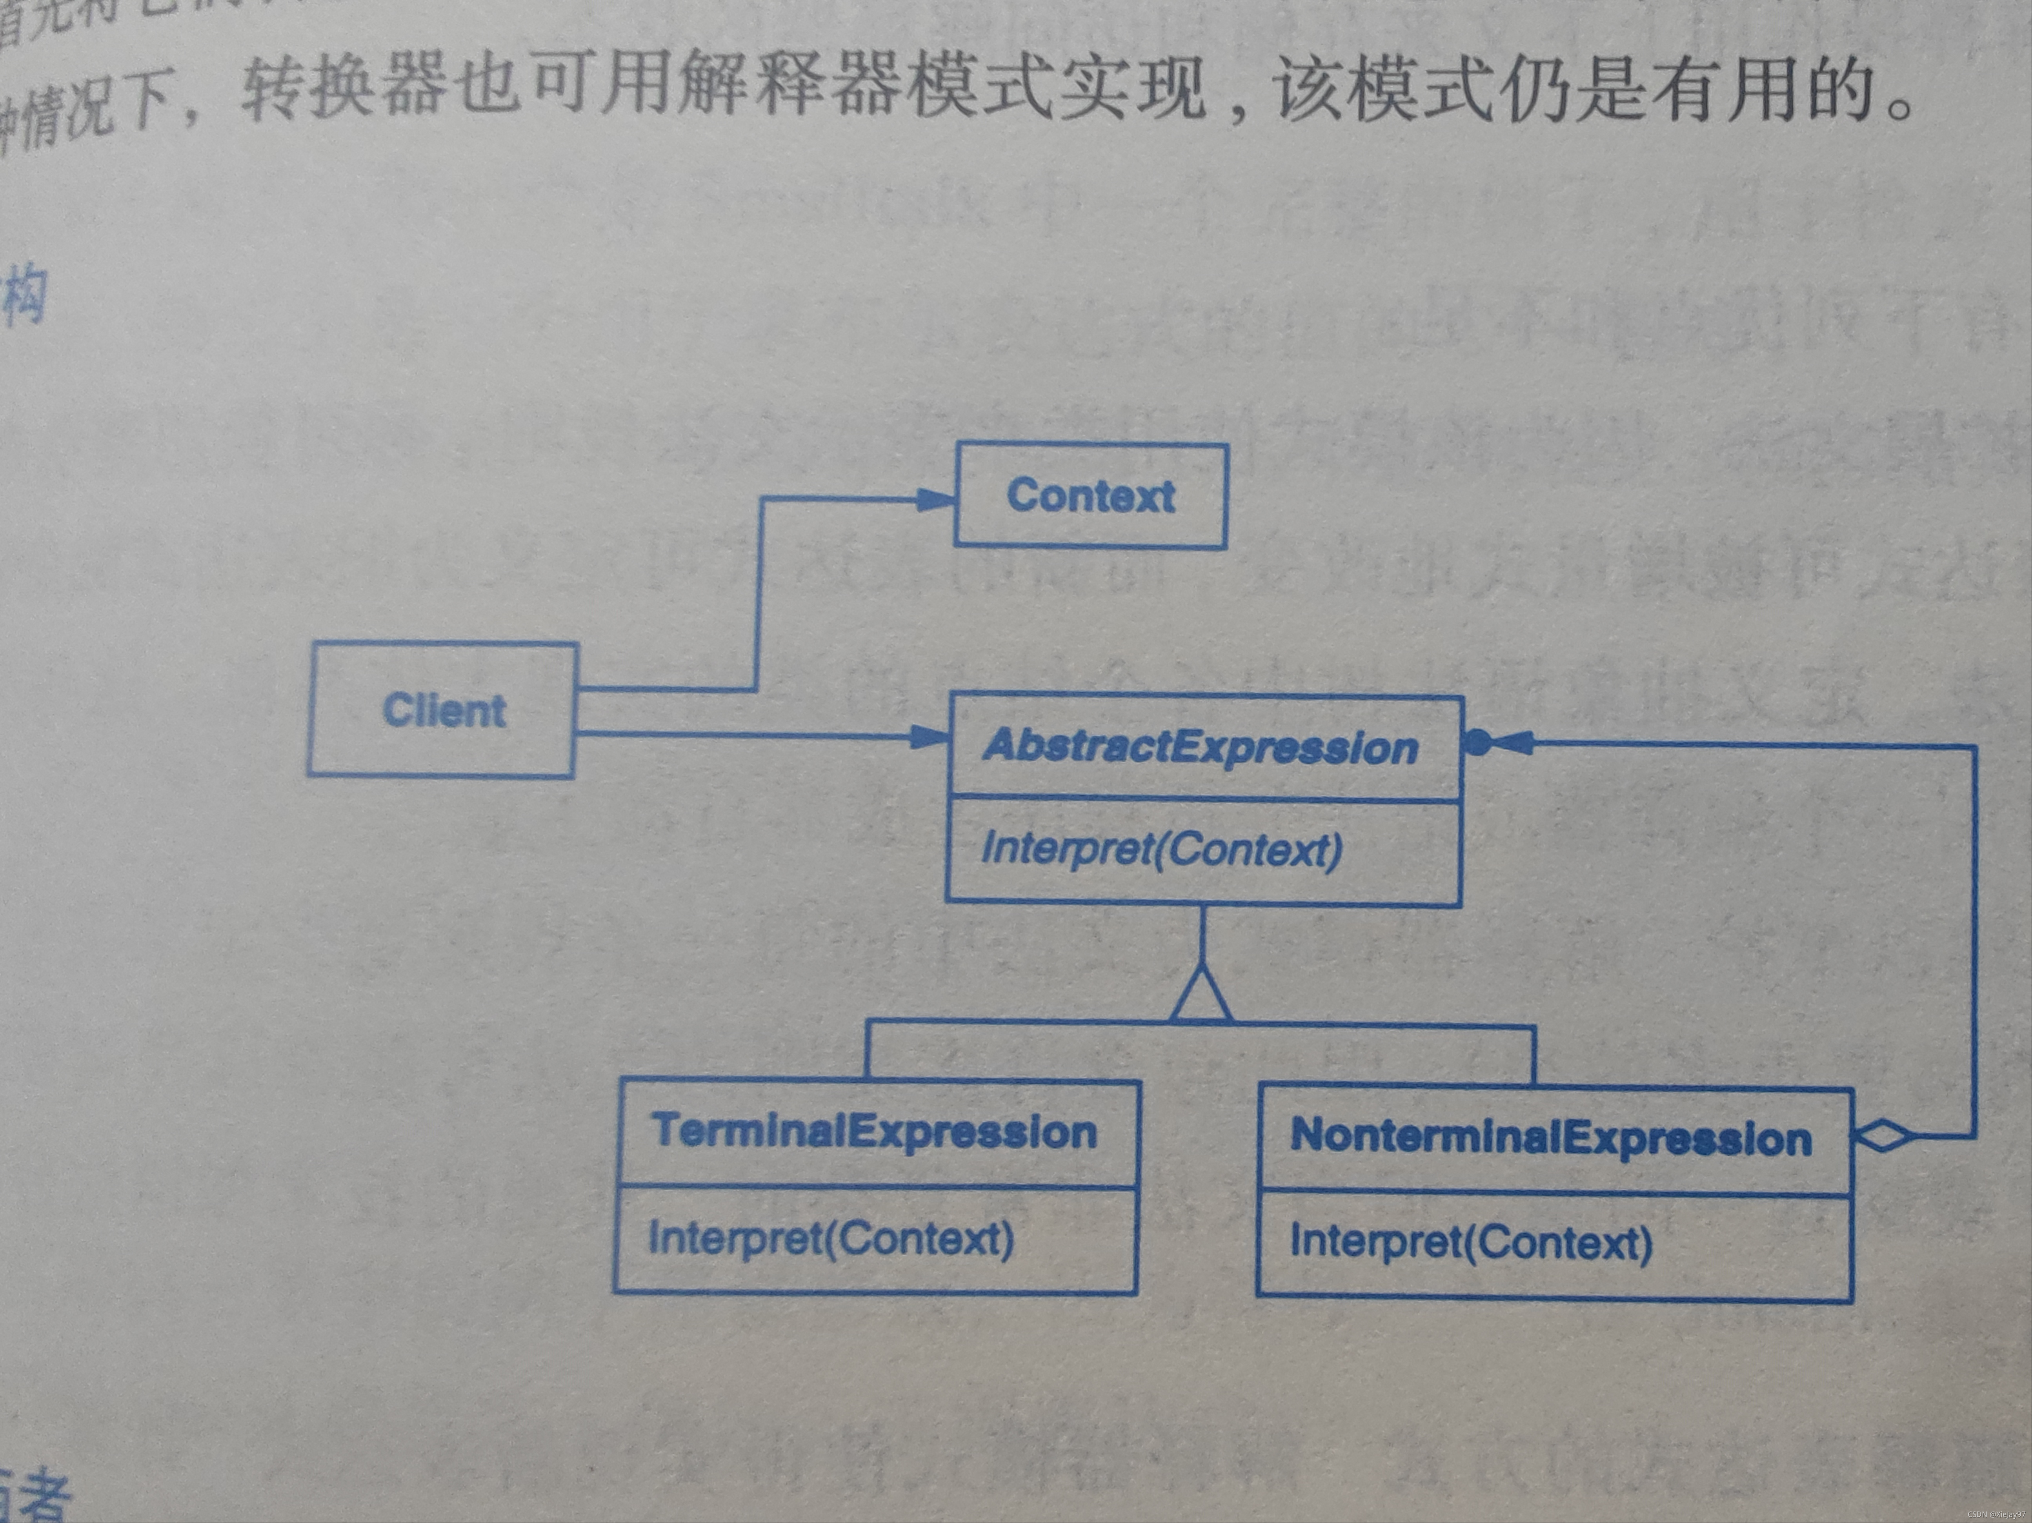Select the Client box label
click(444, 710)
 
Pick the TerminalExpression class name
click(875, 1131)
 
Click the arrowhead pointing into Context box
click(937, 500)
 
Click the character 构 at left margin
click(23, 296)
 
